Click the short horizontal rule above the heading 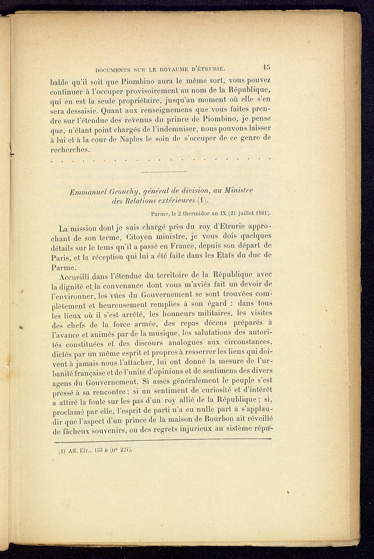(x=164, y=172)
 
